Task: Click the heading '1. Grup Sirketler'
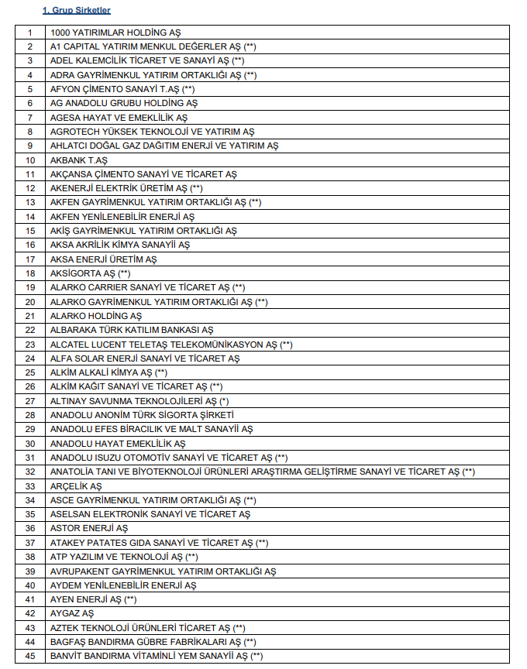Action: pos(76,11)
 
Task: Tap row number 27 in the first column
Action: pos(30,401)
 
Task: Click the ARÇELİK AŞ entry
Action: pos(76,486)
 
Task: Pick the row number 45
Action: pos(30,656)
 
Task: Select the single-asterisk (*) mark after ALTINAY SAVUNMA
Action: pos(224,401)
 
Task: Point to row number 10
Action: pos(30,160)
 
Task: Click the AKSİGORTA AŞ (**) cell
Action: pos(90,273)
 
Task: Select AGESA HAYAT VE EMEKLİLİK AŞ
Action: pos(119,118)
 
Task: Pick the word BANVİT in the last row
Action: pos(66,656)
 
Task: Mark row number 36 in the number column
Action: pos(30,528)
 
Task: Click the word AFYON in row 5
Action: pos(65,89)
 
